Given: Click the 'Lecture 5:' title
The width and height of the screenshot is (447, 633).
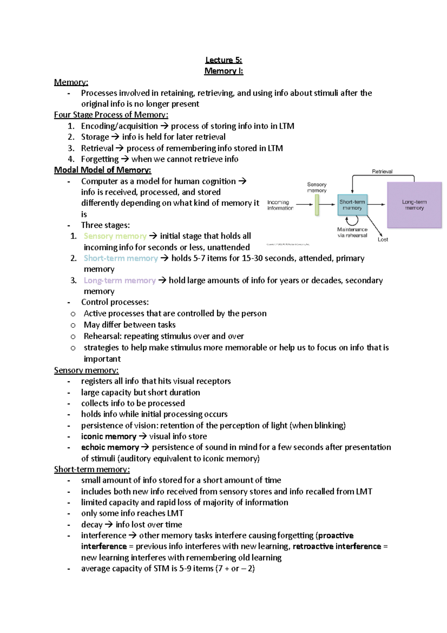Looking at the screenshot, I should (223, 60).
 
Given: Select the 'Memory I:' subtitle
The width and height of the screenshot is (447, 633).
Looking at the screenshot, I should (223, 71).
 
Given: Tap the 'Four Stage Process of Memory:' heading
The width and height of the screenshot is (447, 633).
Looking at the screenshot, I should (111, 115).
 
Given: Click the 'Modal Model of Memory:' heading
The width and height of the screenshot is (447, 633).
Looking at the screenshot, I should (102, 170).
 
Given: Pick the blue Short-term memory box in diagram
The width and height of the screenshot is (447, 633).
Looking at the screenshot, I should (352, 205).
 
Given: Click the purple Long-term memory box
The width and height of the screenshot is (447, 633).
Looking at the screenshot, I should (414, 205).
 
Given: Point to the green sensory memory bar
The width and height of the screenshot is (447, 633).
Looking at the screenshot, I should (317, 205).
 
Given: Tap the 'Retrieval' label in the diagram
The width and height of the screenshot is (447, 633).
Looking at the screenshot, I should (382, 171).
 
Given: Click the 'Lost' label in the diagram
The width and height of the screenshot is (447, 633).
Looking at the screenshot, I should (383, 240).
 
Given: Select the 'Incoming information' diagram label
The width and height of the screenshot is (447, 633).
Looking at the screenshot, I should (280, 205).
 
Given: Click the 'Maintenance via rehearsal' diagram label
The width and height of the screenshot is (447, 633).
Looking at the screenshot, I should (352, 232).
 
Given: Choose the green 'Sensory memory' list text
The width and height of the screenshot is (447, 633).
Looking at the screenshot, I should (115, 236).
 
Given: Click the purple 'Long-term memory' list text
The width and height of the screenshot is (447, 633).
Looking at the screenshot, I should (120, 280).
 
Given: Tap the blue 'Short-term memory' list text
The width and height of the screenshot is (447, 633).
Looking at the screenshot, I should (121, 258).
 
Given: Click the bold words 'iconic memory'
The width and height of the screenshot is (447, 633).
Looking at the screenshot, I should (109, 436).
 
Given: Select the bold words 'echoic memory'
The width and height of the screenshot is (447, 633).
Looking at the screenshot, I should (110, 447).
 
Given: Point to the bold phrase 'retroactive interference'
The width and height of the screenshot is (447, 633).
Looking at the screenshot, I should (337, 547).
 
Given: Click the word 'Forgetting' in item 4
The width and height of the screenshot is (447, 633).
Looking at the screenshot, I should (100, 159).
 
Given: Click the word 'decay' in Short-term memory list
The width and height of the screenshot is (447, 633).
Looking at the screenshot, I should (92, 525).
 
